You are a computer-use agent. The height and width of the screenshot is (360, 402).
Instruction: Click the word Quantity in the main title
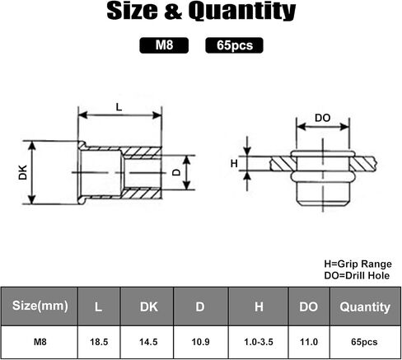point(242,12)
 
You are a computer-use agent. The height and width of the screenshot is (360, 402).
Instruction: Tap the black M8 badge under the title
point(164,45)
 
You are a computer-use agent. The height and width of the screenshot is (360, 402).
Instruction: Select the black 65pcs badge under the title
point(234,45)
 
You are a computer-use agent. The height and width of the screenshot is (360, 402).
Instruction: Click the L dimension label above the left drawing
point(119,107)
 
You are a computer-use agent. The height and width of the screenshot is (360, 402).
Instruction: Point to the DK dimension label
point(23,172)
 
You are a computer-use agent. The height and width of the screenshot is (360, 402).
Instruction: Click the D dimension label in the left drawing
point(177,172)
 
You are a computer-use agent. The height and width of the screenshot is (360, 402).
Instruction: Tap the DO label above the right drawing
point(322,118)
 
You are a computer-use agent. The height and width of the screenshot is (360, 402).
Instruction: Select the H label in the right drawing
point(234,164)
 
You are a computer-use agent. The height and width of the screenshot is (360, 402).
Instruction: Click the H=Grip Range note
point(358,264)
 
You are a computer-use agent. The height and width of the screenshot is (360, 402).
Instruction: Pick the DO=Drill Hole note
point(357,275)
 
